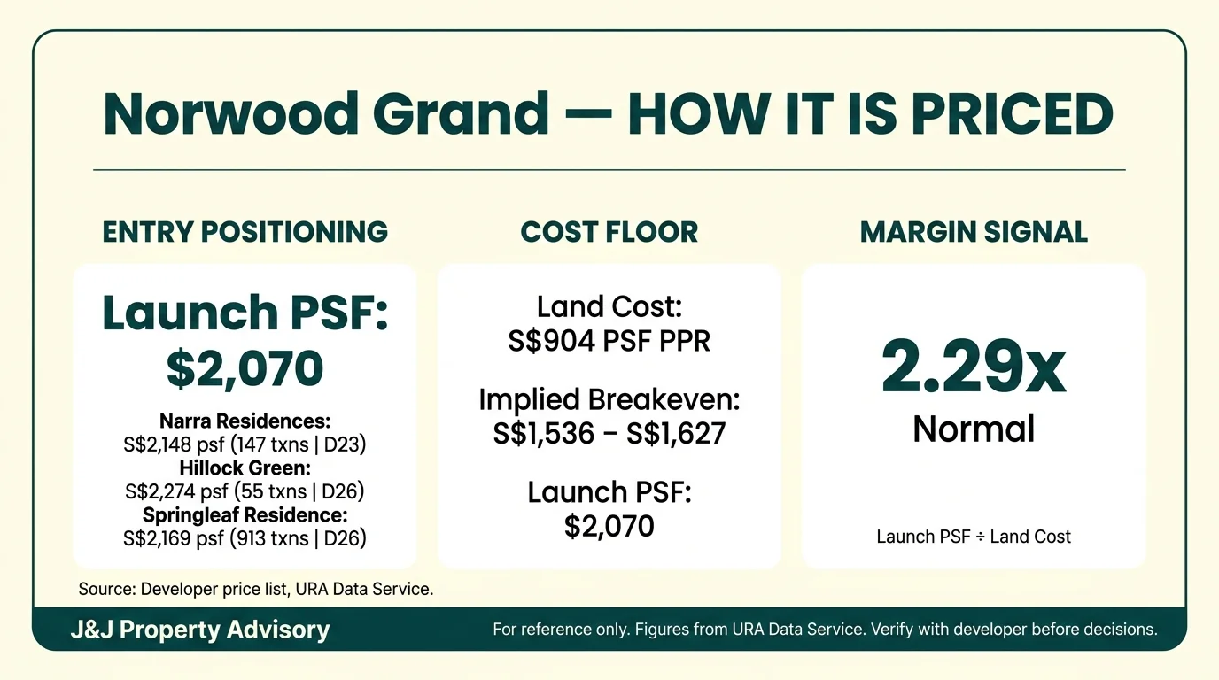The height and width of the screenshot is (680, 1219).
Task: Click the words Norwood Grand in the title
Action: pyautogui.click(x=326, y=113)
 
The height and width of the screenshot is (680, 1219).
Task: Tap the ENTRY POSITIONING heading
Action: pyautogui.click(x=245, y=232)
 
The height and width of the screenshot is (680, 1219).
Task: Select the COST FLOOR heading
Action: pyautogui.click(x=609, y=232)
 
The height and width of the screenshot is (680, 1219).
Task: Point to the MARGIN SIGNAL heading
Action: pyautogui.click(x=974, y=232)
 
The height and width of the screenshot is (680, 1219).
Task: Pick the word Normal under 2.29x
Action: pyautogui.click(x=974, y=429)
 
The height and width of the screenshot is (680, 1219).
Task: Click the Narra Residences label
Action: pyautogui.click(x=245, y=421)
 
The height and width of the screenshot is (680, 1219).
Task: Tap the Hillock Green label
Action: pyautogui.click(x=245, y=467)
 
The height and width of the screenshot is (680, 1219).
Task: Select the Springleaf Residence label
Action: pyautogui.click(x=245, y=514)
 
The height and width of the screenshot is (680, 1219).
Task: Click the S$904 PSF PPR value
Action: pyautogui.click(x=609, y=342)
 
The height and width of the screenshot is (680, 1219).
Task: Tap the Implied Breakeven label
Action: pyautogui.click(x=609, y=400)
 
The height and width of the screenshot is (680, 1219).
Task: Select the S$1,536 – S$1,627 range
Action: pyautogui.click(x=609, y=434)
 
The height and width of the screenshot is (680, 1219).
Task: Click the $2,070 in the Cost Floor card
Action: pyautogui.click(x=609, y=527)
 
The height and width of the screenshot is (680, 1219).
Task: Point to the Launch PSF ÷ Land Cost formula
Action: pyautogui.click(x=974, y=537)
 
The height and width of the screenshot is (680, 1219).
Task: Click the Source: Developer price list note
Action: pyautogui.click(x=256, y=589)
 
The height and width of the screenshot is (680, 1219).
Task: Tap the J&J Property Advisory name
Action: pyautogui.click(x=200, y=630)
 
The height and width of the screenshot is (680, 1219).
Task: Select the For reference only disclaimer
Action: pyautogui.click(x=825, y=630)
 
